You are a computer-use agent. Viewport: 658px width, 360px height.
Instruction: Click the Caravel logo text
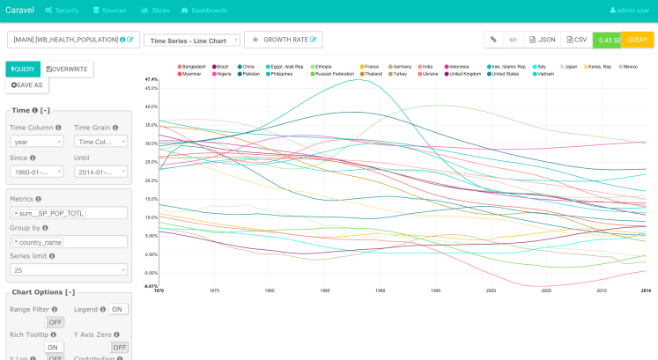coord(19,10)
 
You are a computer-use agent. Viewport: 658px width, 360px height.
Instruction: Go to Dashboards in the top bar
coord(203,10)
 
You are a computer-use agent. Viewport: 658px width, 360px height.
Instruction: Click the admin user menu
coord(630,10)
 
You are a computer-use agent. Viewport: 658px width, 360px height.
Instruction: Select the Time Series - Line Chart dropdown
coord(192,40)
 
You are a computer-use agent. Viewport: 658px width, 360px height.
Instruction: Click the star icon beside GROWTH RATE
coord(255,40)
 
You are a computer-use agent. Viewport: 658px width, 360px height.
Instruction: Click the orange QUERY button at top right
coord(638,40)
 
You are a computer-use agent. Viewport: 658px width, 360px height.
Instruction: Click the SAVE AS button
coord(27,85)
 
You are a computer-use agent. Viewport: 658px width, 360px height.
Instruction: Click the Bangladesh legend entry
coord(194,66)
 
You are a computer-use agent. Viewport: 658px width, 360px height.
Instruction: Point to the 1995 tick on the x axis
coord(436,290)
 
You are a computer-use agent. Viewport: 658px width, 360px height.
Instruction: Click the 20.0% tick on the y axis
coord(152,180)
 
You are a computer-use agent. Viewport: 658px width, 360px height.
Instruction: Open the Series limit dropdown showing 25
coord(68,269)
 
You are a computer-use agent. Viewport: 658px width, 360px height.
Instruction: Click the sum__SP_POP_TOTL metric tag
coord(49,214)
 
